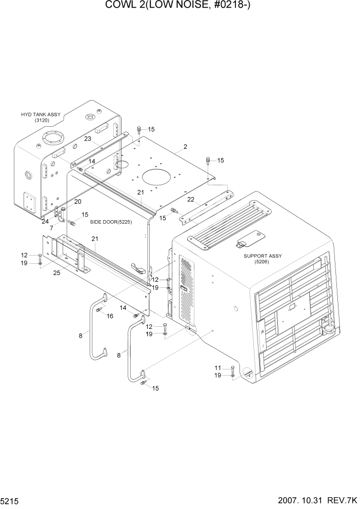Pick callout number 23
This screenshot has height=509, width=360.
click(x=88, y=139)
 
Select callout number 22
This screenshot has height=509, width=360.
click(x=190, y=199)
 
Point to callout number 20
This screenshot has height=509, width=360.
click(x=78, y=201)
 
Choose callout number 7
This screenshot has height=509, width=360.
click(x=52, y=227)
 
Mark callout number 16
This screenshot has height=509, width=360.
click(x=110, y=316)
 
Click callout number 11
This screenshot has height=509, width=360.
click(x=218, y=368)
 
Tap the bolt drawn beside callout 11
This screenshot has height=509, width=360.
click(x=232, y=369)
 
